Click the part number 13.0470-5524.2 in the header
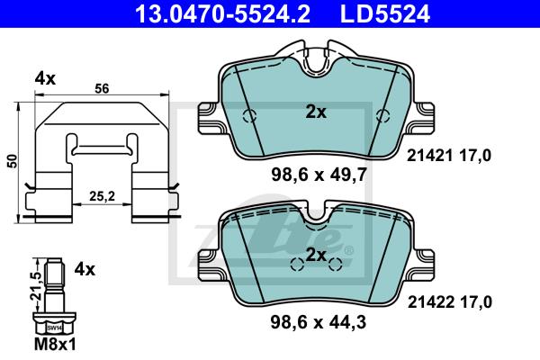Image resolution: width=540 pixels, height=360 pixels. click(223, 14)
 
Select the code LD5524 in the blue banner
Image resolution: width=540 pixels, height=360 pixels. click(385, 14)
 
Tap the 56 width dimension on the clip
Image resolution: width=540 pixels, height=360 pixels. click(102, 89)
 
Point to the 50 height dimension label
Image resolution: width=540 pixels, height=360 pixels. click(13, 161)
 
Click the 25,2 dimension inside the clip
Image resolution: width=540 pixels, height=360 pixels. click(102, 196)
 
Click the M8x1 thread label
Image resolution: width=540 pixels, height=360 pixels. click(55, 344)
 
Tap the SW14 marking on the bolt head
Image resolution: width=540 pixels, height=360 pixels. click(54, 328)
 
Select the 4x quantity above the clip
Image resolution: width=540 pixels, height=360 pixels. click(45, 79)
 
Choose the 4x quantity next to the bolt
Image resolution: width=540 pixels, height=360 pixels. click(85, 269)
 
